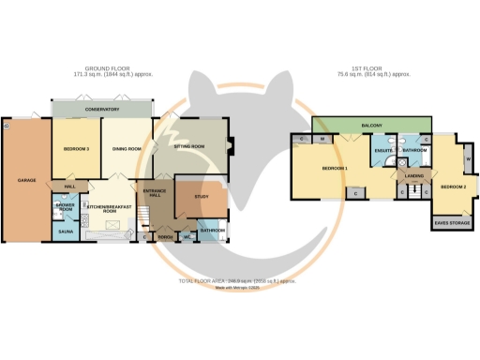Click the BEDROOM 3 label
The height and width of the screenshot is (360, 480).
(x=76, y=150)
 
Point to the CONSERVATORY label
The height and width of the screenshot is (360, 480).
(x=103, y=109)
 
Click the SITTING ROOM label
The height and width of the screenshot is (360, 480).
(x=191, y=147)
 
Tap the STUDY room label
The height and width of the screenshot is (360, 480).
(x=200, y=196)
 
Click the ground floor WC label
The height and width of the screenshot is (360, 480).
(x=187, y=237)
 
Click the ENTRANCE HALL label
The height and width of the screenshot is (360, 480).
(x=154, y=194)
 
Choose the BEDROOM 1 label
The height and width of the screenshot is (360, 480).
(x=335, y=169)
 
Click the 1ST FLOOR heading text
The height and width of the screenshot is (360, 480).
(x=372, y=69)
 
